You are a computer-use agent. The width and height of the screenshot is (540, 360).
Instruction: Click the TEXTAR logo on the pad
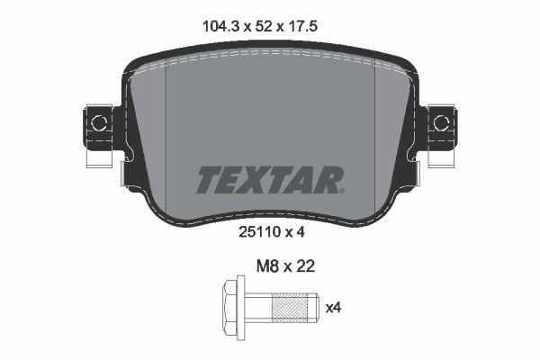click(268, 180)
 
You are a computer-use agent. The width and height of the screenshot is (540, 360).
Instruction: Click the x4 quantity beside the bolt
click(334, 308)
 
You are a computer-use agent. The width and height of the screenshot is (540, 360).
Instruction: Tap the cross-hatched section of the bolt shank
click(289, 308)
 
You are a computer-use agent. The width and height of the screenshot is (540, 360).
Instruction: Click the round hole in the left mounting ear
click(101, 123)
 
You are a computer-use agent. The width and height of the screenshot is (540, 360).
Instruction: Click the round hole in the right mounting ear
click(440, 123)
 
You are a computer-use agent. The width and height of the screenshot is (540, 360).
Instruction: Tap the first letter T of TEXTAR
click(206, 180)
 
